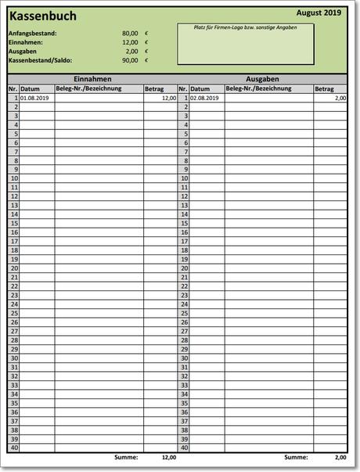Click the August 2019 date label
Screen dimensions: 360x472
pos(319,13)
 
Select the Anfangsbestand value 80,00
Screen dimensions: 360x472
pos(130,34)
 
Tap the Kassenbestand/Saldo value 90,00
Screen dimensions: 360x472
pos(130,60)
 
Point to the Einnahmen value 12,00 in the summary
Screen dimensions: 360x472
pos(130,42)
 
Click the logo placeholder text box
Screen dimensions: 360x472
pos(246,45)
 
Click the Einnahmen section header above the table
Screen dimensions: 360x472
pos(92,80)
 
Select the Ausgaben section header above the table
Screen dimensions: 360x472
pos(262,80)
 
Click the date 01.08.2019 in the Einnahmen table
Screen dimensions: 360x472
pos(35,99)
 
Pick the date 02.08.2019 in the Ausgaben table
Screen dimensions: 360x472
pos(204,99)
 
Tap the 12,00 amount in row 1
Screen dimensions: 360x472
pos(169,99)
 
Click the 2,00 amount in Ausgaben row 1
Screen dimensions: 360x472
pos(340,99)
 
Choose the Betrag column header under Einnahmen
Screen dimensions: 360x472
pos(154,89)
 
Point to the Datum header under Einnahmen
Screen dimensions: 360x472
pos(30,89)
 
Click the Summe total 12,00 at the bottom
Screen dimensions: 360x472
pos(168,457)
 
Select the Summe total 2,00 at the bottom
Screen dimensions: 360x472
pos(340,457)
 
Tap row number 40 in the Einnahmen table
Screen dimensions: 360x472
pos(13,449)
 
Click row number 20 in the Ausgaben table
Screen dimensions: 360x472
pos(184,268)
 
